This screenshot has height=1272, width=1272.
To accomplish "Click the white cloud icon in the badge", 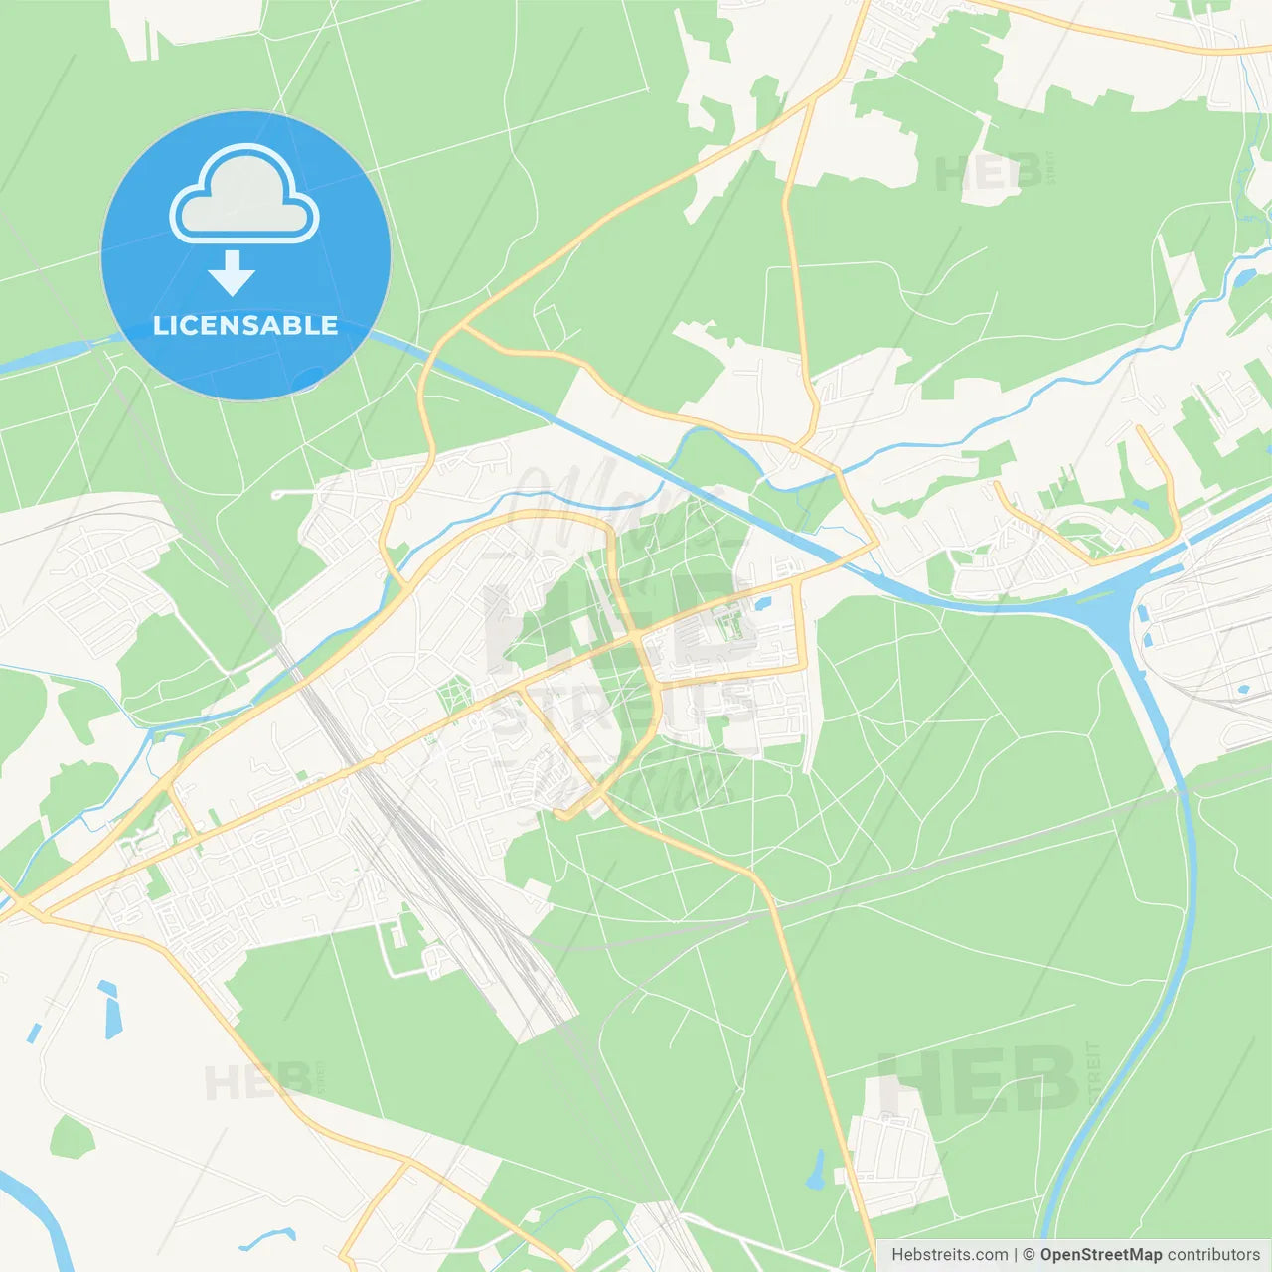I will coord(244,195).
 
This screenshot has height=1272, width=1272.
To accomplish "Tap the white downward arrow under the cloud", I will coord(232,272).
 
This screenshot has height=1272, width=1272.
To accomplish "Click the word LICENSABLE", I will coord(245,325).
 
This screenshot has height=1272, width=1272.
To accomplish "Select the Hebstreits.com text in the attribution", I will coord(949,1255).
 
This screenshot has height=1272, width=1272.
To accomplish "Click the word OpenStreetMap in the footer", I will coord(1100,1255).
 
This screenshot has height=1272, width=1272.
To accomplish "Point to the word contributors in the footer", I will coord(1213,1255).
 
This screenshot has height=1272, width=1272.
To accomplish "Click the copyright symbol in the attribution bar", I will coord(1029,1255).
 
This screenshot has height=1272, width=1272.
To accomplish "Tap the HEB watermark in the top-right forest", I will coord(989,173).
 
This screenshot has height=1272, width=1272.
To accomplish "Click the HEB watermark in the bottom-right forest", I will coord(979,1080).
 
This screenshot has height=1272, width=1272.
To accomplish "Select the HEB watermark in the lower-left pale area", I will coord(256,1081).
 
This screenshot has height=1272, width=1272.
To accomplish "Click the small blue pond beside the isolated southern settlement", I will coord(817,1170).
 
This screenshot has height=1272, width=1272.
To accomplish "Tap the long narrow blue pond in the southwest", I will coord(109,1009).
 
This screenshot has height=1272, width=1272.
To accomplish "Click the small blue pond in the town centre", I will coord(762,603).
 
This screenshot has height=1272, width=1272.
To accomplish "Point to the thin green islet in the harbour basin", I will coord(1094,596).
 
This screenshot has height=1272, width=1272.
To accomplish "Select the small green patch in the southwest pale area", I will coord(72,1137).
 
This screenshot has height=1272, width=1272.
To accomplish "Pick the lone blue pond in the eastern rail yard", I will coord(1242,688).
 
